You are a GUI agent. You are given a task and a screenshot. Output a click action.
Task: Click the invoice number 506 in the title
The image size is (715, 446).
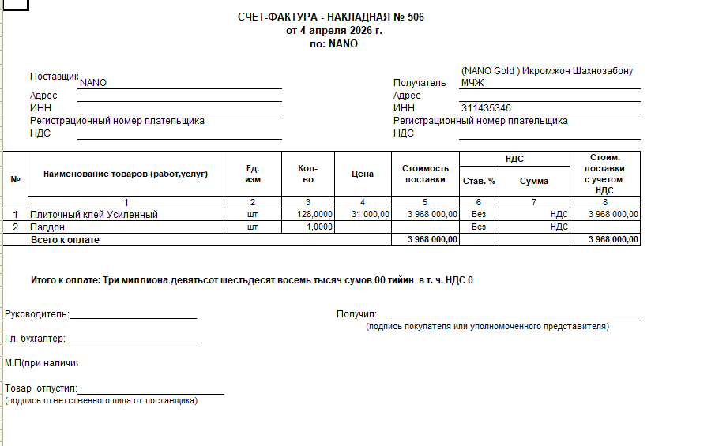point(416,17)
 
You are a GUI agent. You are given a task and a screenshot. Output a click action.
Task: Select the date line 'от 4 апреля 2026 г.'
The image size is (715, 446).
point(334,31)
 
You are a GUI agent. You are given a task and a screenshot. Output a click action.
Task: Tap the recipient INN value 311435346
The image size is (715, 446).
point(486,108)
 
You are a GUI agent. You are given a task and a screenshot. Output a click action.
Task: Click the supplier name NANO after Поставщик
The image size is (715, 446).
point(93,83)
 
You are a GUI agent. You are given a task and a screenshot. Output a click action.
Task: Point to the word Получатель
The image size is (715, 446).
point(420,83)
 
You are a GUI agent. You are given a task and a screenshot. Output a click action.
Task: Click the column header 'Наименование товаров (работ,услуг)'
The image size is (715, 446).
point(126,174)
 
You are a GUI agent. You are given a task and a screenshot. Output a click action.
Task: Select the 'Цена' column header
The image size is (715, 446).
point(362,174)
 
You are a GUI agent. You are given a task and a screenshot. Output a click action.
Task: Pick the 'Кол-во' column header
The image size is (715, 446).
point(308,174)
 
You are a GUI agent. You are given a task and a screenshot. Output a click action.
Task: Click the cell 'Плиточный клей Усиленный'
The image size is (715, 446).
point(94,214)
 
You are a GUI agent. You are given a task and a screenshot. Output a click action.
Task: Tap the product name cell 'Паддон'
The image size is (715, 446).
point(47,227)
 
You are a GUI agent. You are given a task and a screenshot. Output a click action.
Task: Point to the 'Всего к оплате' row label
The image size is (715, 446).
point(65,239)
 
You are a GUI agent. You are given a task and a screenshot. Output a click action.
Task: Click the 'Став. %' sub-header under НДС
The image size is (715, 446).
point(479,181)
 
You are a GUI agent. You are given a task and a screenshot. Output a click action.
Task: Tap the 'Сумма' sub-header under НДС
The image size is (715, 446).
point(534,181)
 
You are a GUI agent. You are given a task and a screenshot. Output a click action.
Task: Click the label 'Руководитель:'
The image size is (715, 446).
point(37,314)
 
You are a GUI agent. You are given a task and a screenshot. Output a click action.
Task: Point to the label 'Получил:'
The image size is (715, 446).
point(357,314)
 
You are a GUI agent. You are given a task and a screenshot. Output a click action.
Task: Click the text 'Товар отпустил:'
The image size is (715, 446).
point(41,388)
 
